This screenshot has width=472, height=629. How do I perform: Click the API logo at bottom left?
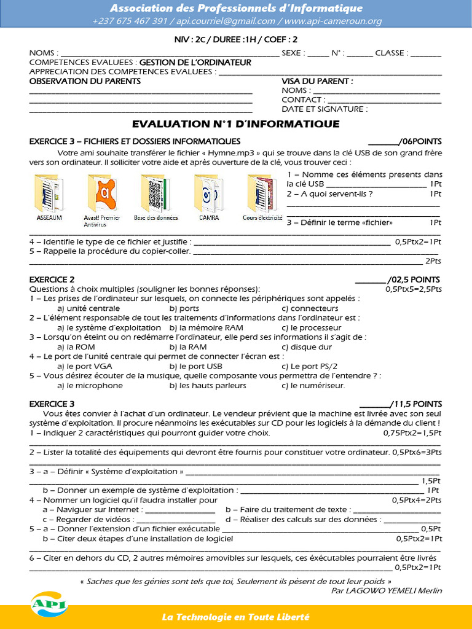(x=49, y=603)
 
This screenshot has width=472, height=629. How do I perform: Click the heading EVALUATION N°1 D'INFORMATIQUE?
(x=236, y=124)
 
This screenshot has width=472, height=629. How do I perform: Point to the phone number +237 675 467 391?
(x=130, y=21)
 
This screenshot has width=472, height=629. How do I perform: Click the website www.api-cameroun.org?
(x=332, y=21)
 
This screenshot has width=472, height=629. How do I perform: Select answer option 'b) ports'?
(x=184, y=308)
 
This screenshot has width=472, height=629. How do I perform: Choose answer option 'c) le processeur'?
(x=311, y=327)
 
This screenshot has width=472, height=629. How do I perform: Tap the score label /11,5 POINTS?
(x=416, y=404)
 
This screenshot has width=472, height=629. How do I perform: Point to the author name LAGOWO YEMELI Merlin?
(x=394, y=590)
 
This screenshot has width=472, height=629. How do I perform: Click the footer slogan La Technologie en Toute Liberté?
(x=236, y=617)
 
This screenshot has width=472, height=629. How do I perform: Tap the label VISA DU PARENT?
(x=317, y=81)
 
